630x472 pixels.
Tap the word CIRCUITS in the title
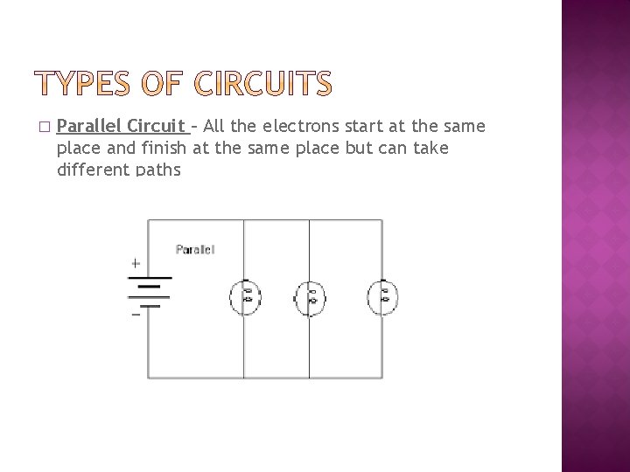click(263, 85)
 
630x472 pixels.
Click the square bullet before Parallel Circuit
click(45, 128)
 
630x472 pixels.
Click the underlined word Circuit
click(155, 127)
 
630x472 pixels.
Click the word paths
click(158, 170)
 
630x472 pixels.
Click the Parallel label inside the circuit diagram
click(194, 249)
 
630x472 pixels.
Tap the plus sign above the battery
click(135, 262)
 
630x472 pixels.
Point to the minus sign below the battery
click(135, 315)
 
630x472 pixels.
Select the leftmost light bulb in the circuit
click(246, 296)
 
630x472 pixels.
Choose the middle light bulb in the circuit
click(310, 297)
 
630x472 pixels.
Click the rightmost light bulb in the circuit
click(382, 296)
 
